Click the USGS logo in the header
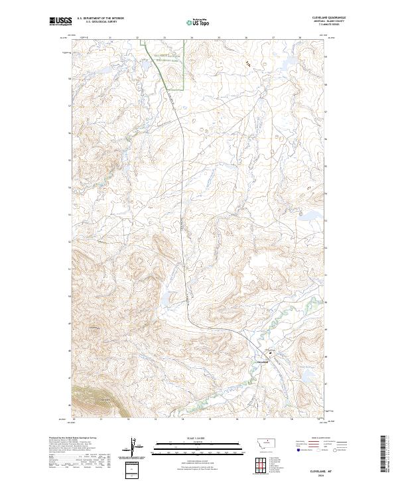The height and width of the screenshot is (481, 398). coord(61,21)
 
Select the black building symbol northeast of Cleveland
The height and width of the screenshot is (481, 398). coord(270,353)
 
